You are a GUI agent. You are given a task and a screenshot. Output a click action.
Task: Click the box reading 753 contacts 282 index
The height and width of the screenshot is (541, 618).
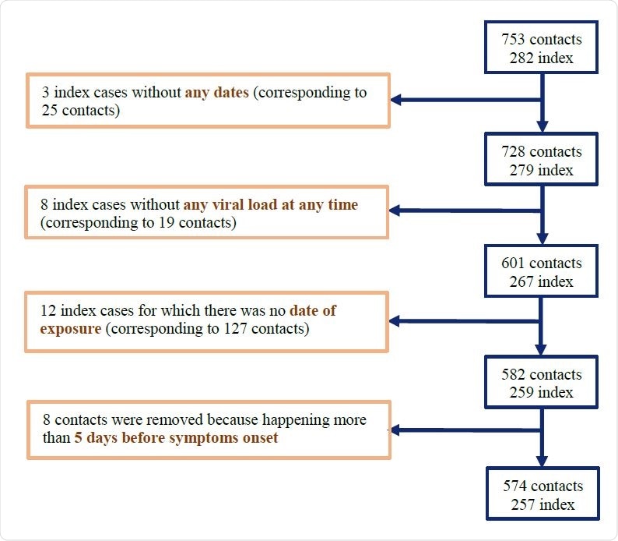coord(542,48)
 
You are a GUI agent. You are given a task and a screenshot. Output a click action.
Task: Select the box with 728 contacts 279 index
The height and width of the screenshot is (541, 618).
coord(542,161)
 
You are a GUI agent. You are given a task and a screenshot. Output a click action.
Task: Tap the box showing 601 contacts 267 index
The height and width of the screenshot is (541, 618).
coord(542,270)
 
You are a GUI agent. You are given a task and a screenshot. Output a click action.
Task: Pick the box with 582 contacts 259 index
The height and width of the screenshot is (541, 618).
coord(542,382)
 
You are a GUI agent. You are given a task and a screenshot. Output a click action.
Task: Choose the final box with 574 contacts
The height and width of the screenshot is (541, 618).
coord(543,493)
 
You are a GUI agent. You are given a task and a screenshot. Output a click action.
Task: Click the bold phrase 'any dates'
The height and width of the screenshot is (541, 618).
coord(216,92)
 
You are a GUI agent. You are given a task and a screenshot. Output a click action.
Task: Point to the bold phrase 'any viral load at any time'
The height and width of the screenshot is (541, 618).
coord(271,205)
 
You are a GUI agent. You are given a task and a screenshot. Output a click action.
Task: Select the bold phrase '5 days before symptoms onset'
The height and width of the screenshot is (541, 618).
coord(176,437)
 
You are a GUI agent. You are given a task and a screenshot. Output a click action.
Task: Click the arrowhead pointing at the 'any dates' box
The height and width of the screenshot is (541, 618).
coord(396,100)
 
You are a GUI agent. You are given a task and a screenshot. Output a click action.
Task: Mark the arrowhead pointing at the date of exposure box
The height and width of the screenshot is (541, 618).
coord(396,321)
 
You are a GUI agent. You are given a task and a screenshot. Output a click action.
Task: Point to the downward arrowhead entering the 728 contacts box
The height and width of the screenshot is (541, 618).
coord(543,126)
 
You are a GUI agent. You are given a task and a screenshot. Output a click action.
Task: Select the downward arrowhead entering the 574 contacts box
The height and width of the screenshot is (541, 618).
coord(543,461)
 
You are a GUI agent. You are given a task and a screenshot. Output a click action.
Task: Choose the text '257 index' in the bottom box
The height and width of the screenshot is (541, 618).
coord(543,504)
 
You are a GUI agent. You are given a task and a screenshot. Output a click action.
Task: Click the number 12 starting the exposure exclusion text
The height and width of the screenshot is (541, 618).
coord(47,310)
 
